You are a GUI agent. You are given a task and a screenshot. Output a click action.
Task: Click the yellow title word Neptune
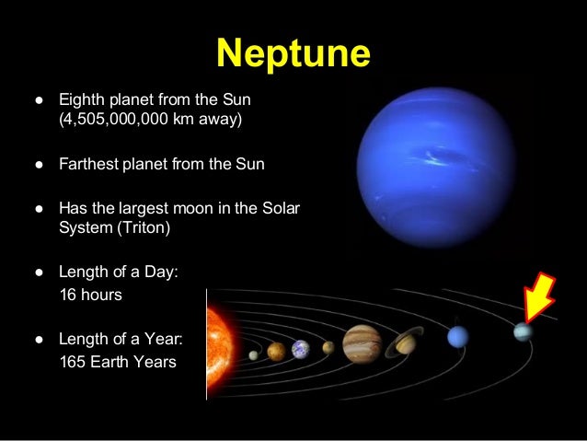[293, 54]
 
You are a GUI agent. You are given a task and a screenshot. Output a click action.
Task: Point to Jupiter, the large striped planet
[362, 343]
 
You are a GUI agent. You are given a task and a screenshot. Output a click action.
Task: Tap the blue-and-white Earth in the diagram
[300, 349]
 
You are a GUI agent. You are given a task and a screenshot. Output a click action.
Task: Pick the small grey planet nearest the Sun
[254, 354]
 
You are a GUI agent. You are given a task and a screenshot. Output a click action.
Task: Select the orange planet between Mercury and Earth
[276, 351]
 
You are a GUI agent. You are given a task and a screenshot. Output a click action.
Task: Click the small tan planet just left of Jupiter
[328, 348]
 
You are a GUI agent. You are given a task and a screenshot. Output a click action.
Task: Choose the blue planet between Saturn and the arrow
[457, 337]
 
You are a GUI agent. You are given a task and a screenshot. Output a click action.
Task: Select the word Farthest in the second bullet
[86, 165]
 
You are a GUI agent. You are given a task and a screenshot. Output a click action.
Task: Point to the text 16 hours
[89, 296]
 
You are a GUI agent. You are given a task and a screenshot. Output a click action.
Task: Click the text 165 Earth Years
[116, 361]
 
